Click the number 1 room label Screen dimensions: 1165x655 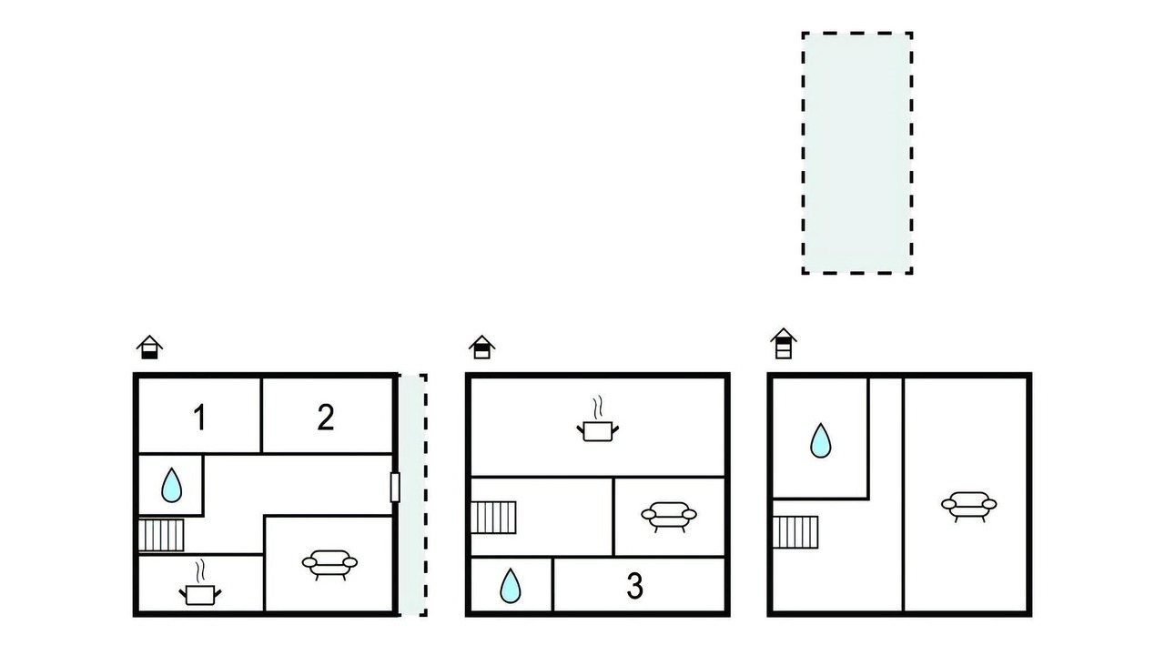[199, 418]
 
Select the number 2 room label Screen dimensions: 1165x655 [326, 417]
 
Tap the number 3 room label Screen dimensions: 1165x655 [634, 586]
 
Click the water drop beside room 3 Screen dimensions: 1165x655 [511, 586]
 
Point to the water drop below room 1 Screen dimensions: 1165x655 [172, 485]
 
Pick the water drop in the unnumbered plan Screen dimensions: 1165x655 [821, 440]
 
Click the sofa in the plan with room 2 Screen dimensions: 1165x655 [329, 565]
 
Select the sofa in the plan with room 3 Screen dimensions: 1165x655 [669, 517]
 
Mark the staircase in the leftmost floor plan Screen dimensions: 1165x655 [161, 535]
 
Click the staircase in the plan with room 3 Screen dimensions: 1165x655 [493, 518]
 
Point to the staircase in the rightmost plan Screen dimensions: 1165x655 [795, 532]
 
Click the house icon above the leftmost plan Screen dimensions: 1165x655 [150, 347]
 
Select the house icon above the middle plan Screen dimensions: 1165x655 [481, 347]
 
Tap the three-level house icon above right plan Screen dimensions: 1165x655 [784, 344]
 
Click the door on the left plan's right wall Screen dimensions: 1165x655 [395, 487]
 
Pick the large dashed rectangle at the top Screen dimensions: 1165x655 [857, 153]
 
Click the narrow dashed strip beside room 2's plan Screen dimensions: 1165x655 [413, 495]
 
